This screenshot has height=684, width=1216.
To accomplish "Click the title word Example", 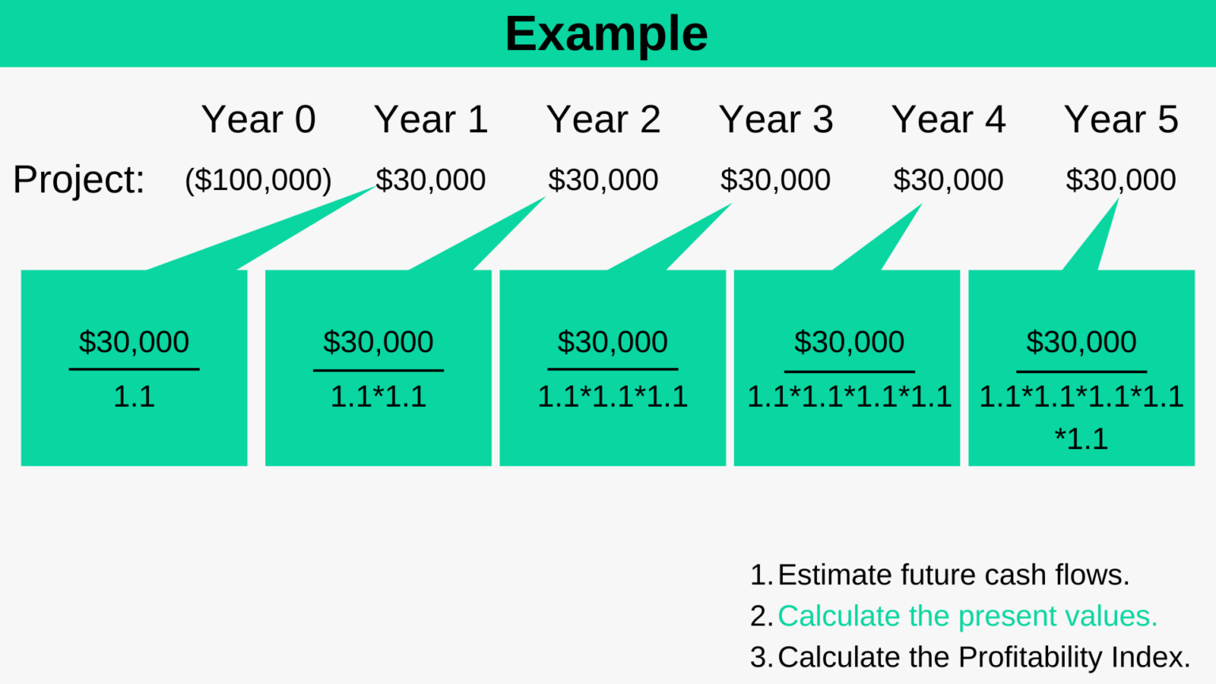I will tap(606, 34).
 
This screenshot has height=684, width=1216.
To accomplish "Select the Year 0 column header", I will tap(258, 120).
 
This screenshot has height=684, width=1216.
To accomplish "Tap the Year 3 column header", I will tap(776, 120).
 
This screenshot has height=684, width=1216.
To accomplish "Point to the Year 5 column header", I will tap(1121, 120).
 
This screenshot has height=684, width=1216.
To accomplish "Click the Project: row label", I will tap(78, 180).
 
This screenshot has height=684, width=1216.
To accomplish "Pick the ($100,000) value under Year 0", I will tap(258, 180).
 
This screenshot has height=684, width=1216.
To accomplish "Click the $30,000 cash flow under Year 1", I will tap(430, 180).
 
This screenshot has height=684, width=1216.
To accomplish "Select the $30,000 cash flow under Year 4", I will tap(948, 180).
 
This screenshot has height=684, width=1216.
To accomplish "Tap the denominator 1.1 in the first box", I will tap(134, 396).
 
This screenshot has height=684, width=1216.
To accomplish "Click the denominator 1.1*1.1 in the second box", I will tap(378, 396).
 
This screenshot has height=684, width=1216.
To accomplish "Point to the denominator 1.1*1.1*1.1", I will tap(612, 396).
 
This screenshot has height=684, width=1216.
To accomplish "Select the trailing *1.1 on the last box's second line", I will tap(1081, 439).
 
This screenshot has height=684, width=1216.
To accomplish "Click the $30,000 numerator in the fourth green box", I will tap(849, 342).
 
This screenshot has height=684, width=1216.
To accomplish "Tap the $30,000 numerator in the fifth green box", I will tap(1081, 342).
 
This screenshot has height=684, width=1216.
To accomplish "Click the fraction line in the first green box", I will tap(134, 369).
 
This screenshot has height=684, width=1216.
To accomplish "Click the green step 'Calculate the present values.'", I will tap(967, 616).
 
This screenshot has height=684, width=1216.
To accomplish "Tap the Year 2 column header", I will tap(603, 120).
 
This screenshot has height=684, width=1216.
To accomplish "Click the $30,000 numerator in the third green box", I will tap(612, 342).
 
